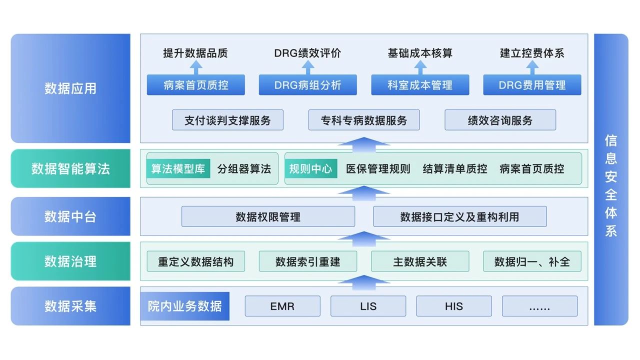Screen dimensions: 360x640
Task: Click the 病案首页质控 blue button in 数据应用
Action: (x=195, y=85)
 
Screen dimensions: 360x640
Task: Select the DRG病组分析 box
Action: (x=307, y=85)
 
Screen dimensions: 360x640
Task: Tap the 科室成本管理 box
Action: (x=420, y=85)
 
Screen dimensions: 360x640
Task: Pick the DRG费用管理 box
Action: (x=532, y=85)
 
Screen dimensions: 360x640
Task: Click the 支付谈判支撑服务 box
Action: (x=227, y=120)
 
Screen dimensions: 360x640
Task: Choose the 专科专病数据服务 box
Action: (x=364, y=120)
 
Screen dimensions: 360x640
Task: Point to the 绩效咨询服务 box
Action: (x=500, y=120)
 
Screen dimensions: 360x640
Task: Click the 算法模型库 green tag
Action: (x=178, y=168)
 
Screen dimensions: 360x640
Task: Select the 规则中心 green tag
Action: (x=310, y=168)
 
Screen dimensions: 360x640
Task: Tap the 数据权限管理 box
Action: (x=268, y=216)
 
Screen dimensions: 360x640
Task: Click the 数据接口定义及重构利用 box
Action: (x=459, y=216)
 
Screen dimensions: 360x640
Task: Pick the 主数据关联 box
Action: (x=420, y=261)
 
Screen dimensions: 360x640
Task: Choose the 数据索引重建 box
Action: (x=307, y=261)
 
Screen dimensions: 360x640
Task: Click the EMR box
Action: (x=282, y=306)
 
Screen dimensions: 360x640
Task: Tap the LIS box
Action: (x=368, y=306)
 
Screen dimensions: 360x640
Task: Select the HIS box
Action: (x=454, y=306)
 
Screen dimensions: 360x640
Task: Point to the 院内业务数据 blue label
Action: (x=184, y=306)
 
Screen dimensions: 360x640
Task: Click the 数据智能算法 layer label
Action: (x=70, y=168)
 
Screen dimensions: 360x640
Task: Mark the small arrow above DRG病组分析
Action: (x=307, y=67)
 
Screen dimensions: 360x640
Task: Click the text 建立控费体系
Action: (x=532, y=53)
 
